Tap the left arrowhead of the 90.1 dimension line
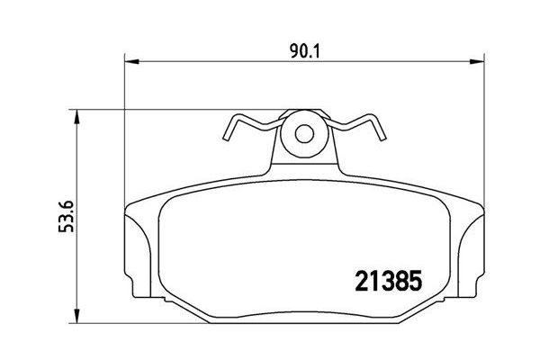pyautogui.click(x=128, y=62)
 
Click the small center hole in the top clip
pyautogui.click(x=303, y=134)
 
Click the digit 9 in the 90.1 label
pyautogui.click(x=295, y=50)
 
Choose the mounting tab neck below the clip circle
pyautogui.click(x=303, y=162)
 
